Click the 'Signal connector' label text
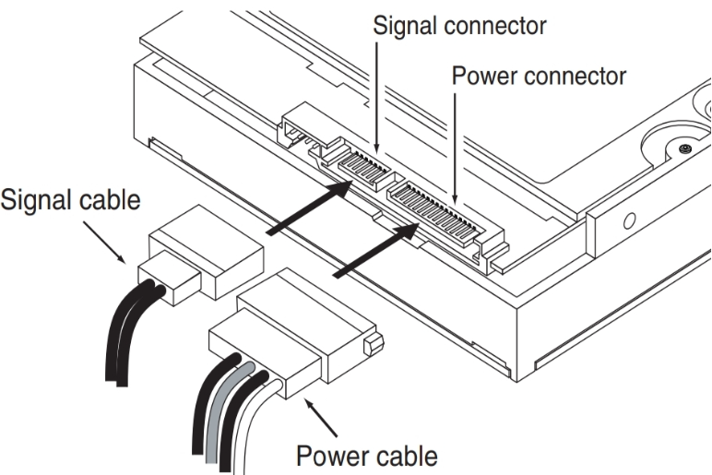point(459,26)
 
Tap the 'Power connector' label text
point(539,76)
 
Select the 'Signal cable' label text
point(70,200)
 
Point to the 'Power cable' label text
point(367,456)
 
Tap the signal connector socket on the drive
point(363,167)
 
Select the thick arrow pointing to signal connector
point(310,208)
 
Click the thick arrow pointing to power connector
point(376,250)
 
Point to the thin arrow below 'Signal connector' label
point(376,98)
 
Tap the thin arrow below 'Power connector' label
point(455,148)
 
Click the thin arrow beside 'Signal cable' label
point(104,243)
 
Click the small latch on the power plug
point(374,344)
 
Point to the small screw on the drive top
point(685,148)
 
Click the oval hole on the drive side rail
point(629,221)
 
